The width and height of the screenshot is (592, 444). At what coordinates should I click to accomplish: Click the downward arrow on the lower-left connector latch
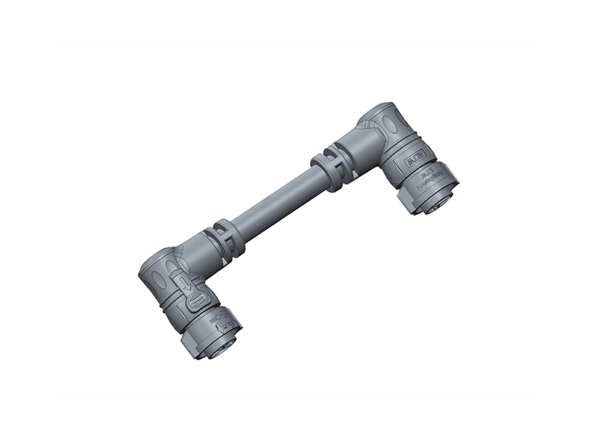click(184, 283)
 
